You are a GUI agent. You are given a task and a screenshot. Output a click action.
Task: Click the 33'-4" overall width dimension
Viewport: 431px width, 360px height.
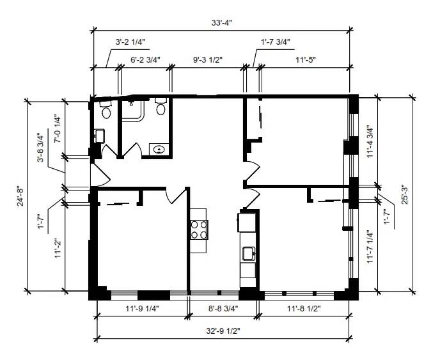click(221, 22)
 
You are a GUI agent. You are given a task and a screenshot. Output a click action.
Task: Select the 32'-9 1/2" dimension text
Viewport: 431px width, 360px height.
click(223, 331)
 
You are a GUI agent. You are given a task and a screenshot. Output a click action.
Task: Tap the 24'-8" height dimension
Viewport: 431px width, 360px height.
click(20, 196)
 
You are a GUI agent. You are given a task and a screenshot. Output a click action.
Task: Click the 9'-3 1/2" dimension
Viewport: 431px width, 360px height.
click(208, 59)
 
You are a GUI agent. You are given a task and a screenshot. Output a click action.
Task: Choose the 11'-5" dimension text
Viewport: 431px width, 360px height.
click(306, 59)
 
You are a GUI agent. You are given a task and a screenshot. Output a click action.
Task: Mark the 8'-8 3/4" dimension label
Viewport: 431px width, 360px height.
click(223, 309)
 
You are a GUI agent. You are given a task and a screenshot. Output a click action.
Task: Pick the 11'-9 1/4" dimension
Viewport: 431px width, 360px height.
click(142, 309)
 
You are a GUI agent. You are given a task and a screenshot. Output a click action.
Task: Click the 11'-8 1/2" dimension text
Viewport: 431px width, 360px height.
click(304, 309)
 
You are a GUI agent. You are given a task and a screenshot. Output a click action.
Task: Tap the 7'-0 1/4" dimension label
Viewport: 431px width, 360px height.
click(57, 129)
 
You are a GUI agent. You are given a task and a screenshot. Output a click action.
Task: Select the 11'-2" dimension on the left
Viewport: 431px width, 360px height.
click(57, 248)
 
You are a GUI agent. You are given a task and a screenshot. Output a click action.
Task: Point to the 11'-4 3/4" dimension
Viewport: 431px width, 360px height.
click(370, 143)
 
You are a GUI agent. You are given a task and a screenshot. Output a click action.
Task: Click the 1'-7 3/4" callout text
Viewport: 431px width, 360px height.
click(276, 42)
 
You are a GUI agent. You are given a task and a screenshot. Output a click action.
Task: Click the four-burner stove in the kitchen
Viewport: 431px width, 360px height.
click(199, 230)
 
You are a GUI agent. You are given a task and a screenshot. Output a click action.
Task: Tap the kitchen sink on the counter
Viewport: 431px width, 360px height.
click(249, 253)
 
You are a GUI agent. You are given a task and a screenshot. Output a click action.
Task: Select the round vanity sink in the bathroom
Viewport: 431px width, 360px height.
click(159, 150)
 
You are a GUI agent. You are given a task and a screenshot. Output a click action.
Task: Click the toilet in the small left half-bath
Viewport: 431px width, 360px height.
click(106, 109)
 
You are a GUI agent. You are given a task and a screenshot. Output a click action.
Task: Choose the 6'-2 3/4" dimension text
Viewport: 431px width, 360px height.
click(145, 59)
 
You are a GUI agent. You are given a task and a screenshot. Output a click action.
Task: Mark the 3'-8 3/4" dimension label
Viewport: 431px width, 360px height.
click(41, 148)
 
